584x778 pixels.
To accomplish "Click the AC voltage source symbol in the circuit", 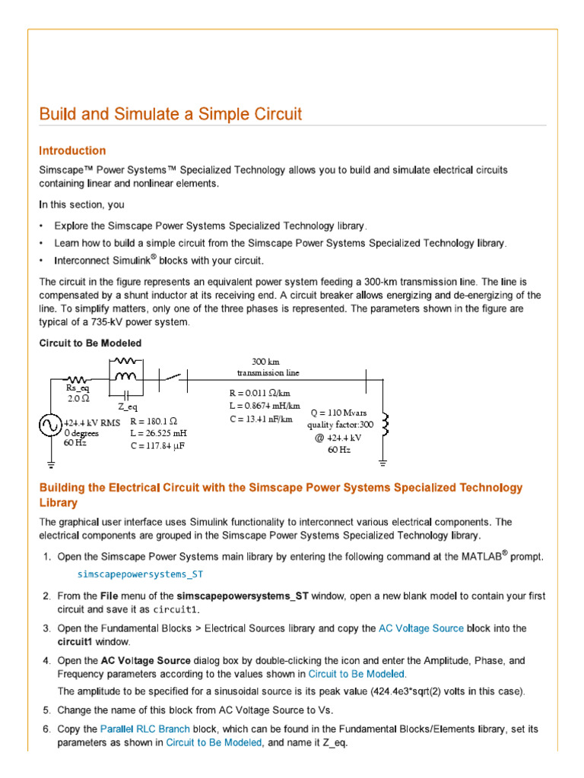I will point(50,426).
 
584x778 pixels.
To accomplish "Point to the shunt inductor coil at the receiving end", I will point(386,426).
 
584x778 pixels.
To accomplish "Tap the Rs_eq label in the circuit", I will point(78,388).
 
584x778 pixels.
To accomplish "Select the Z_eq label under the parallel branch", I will point(127,407).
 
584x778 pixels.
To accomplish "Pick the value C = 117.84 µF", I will point(158,446).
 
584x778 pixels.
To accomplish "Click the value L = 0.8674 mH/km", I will point(259,406).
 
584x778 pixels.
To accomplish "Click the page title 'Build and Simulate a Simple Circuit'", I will point(170,115).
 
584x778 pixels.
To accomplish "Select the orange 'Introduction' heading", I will point(72,150).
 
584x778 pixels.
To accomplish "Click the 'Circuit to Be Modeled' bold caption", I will point(90,343).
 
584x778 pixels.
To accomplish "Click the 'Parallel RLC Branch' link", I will point(144,729).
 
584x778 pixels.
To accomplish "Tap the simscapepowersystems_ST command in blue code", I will point(141,574).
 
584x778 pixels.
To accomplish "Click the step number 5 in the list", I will point(46,710).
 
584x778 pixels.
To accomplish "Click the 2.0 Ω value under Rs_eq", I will point(78,398).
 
